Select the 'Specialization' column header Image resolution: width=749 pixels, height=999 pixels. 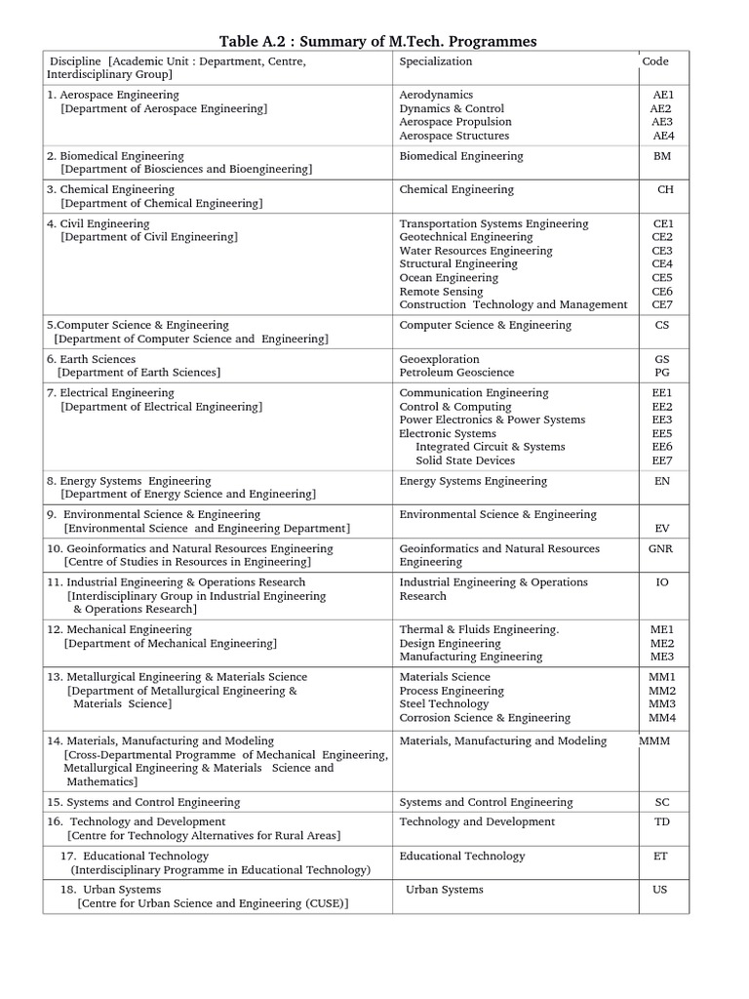click(435, 61)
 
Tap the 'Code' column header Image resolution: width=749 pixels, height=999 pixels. click(655, 61)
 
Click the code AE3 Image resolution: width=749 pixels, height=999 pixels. click(662, 122)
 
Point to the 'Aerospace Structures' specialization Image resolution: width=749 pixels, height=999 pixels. click(453, 136)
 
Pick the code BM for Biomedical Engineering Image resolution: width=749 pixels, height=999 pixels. click(662, 156)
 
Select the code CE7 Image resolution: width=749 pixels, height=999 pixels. click(662, 304)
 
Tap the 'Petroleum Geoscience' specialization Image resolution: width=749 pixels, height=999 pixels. click(456, 373)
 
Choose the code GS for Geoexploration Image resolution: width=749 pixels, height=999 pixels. click(662, 359)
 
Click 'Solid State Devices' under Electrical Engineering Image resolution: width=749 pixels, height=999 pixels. click(465, 460)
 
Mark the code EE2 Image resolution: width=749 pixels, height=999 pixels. click(662, 406)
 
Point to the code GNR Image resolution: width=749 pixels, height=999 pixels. click(661, 548)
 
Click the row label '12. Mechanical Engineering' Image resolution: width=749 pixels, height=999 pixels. click(120, 629)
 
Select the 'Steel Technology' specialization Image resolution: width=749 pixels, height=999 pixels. click(444, 703)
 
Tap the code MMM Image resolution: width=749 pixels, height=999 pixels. click(655, 741)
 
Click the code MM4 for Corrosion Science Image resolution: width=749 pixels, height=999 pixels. click(662, 718)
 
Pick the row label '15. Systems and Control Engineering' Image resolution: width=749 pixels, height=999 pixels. click(143, 802)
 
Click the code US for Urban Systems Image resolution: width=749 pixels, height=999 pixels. click(660, 890)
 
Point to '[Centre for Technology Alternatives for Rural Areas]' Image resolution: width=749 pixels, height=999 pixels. click(204, 836)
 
